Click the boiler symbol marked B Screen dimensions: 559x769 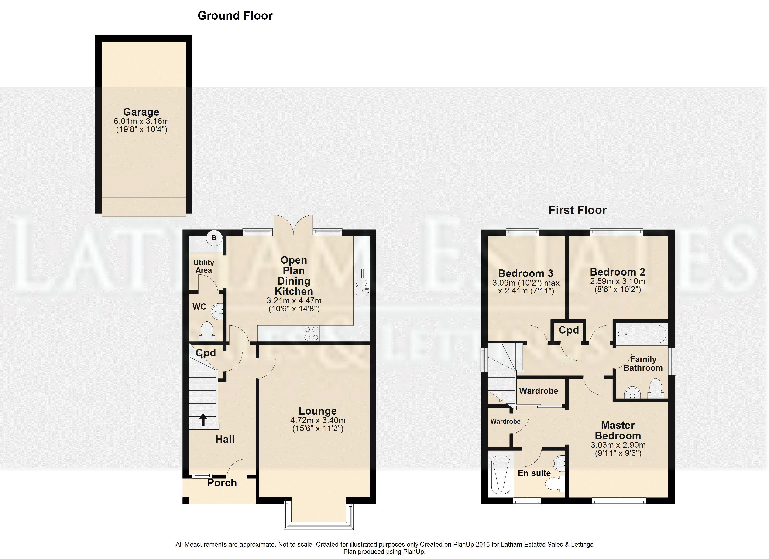coord(214,238)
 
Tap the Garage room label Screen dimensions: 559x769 coord(141,112)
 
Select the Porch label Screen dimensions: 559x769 coord(222,483)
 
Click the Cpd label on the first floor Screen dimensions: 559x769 coord(569,330)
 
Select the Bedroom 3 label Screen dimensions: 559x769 coord(525,273)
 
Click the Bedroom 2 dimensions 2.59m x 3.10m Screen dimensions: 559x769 coord(618,281)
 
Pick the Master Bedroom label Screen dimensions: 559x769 coord(618,430)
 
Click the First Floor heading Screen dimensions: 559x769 coord(577,210)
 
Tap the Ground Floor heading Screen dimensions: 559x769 coord(235,16)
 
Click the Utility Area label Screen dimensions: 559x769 coord(203,266)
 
